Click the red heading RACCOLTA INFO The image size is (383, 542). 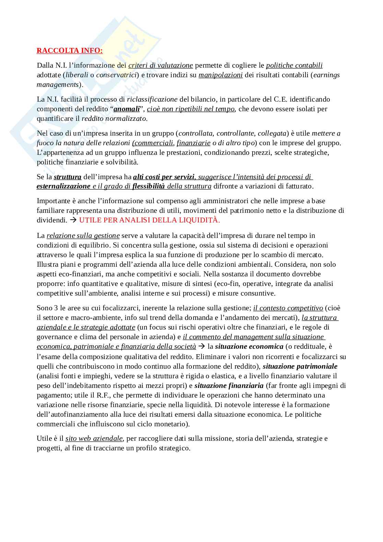[x=69, y=51]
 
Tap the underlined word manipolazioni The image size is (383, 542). [x=221, y=75]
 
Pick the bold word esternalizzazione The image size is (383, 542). [x=63, y=186]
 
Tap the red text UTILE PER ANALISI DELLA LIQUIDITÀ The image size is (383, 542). [x=150, y=220]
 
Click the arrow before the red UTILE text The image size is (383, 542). [x=73, y=220]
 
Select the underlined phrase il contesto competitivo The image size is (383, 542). [x=288, y=308]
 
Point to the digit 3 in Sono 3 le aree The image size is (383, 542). [x=55, y=308]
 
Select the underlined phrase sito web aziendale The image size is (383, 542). [x=94, y=438]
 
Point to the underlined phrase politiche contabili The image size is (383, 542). [x=294, y=65]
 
